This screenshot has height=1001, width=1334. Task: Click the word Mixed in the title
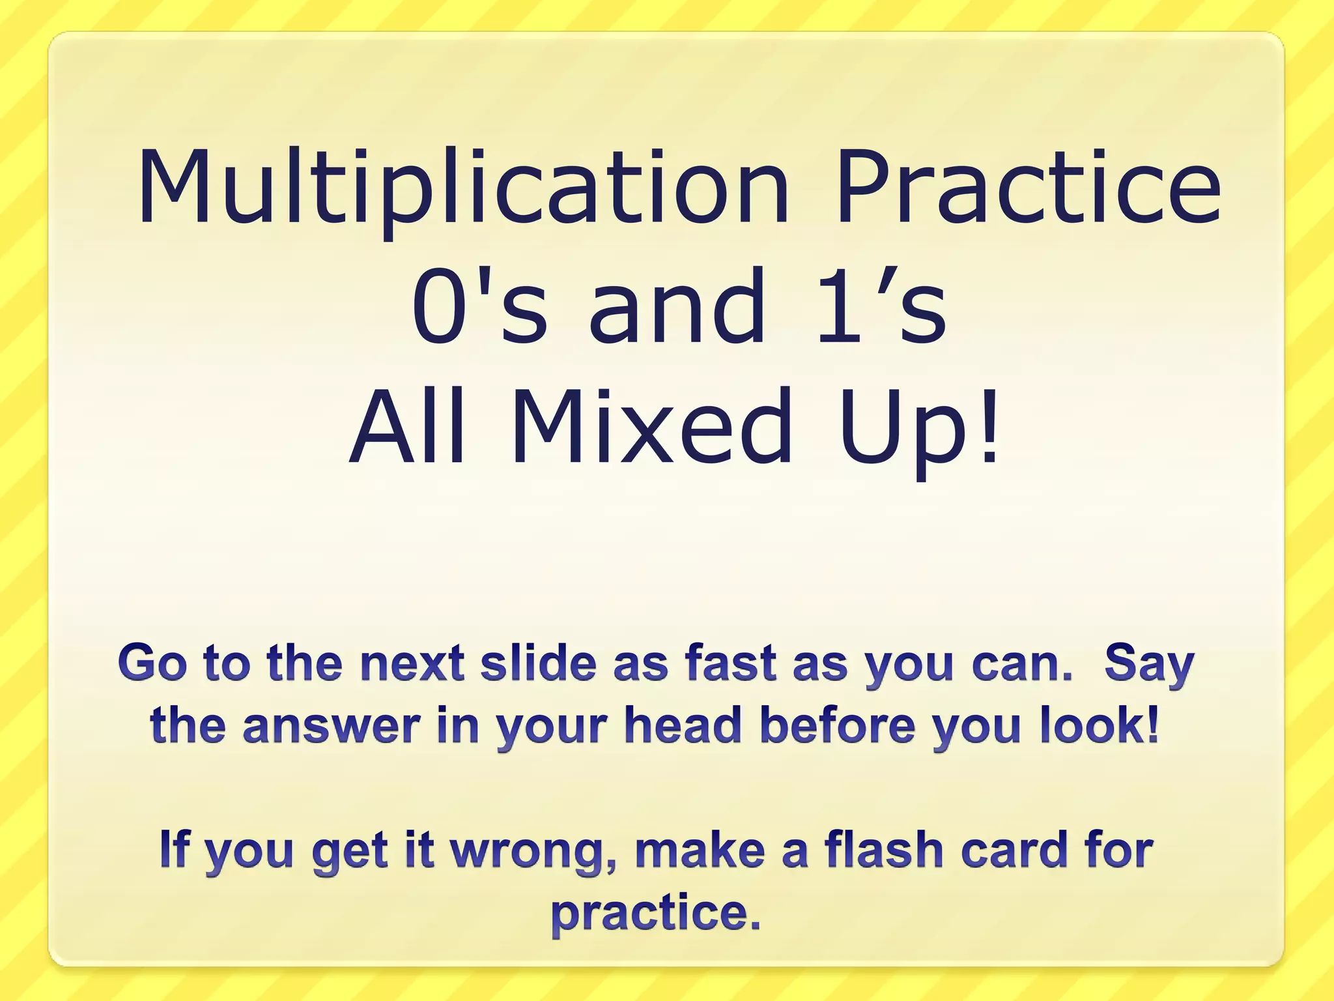coord(651,426)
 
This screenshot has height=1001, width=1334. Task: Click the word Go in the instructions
coord(151,663)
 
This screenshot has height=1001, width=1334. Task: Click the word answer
coord(332,726)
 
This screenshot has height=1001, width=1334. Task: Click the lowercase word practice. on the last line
coord(656,914)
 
